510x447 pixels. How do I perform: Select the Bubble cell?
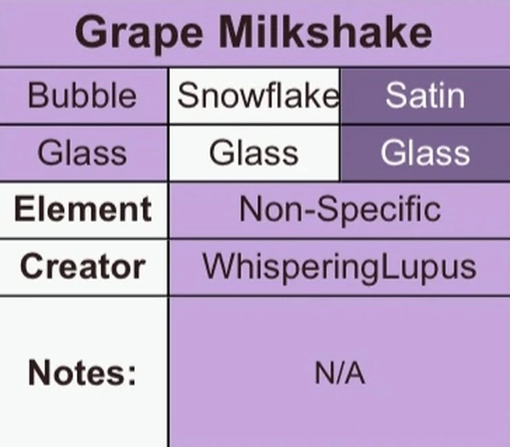[x=82, y=97]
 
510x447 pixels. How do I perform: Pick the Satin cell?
[x=425, y=96]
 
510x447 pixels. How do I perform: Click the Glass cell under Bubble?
[x=82, y=153]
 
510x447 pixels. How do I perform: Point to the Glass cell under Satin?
[x=425, y=153]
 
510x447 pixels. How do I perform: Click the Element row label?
[x=82, y=209]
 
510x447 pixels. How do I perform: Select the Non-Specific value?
[x=340, y=210]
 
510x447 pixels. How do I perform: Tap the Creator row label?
[x=82, y=266]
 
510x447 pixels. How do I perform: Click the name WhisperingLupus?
[x=340, y=267]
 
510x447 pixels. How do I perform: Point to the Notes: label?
[x=82, y=372]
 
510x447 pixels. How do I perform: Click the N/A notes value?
[x=340, y=373]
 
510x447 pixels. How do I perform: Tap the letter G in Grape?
[x=91, y=32]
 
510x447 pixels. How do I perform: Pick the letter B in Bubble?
[x=36, y=97]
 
